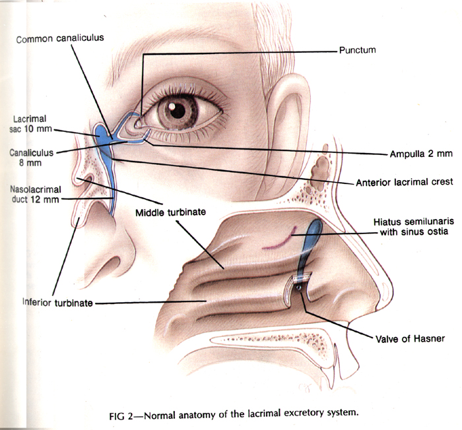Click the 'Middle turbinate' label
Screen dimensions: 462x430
174,213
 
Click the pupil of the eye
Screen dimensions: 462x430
178,110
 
